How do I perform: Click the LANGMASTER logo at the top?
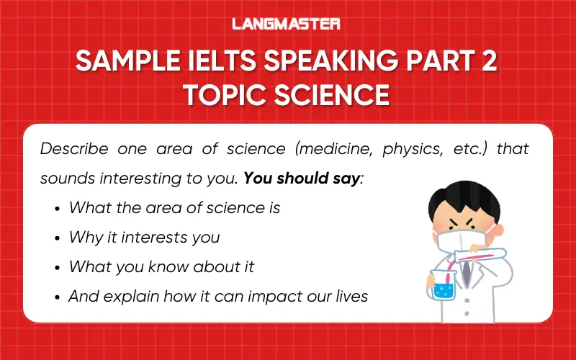[x=286, y=24]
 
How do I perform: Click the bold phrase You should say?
[x=301, y=178]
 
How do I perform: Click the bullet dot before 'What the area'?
[x=57, y=209]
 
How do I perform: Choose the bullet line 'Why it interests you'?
[x=144, y=237]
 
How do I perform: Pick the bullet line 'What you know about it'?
[x=161, y=266]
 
